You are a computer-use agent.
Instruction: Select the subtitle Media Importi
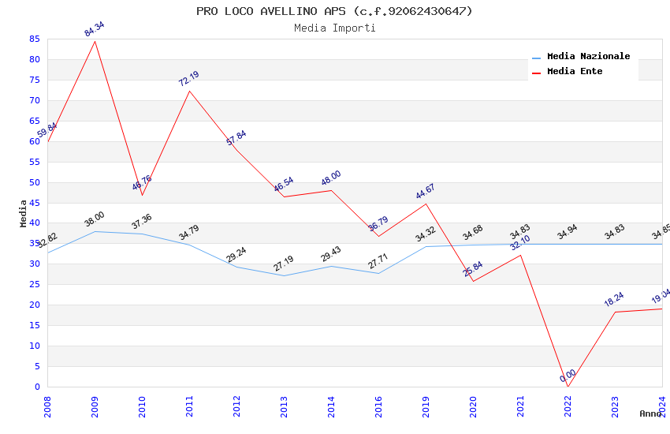[334, 28]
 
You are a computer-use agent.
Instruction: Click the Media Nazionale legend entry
[588, 57]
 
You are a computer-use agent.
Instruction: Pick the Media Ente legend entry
[574, 72]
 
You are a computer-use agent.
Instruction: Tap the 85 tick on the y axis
[33, 39]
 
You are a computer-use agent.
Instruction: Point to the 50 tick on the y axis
[33, 182]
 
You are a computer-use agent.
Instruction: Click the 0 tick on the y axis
[36, 387]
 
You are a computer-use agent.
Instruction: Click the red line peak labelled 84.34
[95, 41]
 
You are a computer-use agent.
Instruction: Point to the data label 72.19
[189, 78]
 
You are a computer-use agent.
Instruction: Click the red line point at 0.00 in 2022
[568, 386]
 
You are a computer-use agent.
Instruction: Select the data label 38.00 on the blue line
[95, 219]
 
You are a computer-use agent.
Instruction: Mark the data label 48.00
[331, 178]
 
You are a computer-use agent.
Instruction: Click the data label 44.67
[426, 192]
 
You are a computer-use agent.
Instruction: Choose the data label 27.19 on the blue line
[284, 264]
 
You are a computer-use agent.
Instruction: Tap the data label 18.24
[615, 299]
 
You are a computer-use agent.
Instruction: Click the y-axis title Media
[24, 213]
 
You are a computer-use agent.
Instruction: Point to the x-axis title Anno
[650, 413]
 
